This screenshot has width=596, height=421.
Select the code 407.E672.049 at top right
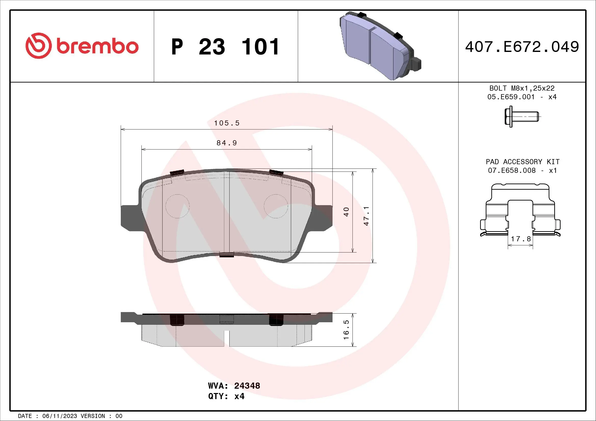click(x=522, y=47)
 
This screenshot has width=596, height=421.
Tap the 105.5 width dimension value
click(x=227, y=123)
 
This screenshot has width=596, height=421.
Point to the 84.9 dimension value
click(x=227, y=143)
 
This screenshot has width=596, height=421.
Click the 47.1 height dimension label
click(x=366, y=216)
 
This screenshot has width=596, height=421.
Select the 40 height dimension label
click(x=346, y=212)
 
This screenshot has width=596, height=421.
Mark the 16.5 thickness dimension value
click(x=346, y=330)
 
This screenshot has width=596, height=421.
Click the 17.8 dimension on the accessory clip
click(x=521, y=239)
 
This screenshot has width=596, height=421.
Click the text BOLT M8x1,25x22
click(x=522, y=88)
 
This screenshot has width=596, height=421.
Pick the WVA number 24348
click(x=247, y=385)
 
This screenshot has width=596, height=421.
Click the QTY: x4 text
click(x=226, y=396)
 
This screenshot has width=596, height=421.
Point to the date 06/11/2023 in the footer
click(x=59, y=416)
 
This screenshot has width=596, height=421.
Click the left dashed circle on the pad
click(x=178, y=206)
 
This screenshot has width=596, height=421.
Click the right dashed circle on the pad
click(x=276, y=206)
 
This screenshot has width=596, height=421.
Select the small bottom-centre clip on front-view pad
click(x=227, y=255)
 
